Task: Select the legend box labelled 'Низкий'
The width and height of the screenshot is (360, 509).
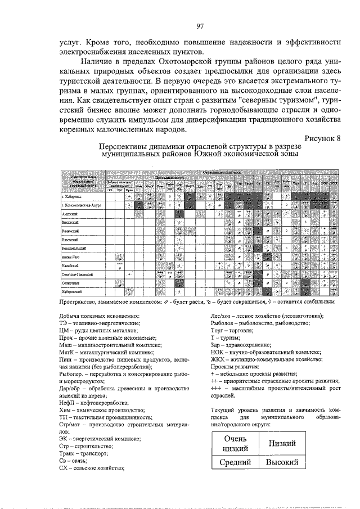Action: (x=282, y=443)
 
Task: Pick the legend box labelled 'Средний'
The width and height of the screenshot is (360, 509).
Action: (x=236, y=462)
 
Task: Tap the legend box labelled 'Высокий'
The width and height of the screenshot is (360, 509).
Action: (x=282, y=462)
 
